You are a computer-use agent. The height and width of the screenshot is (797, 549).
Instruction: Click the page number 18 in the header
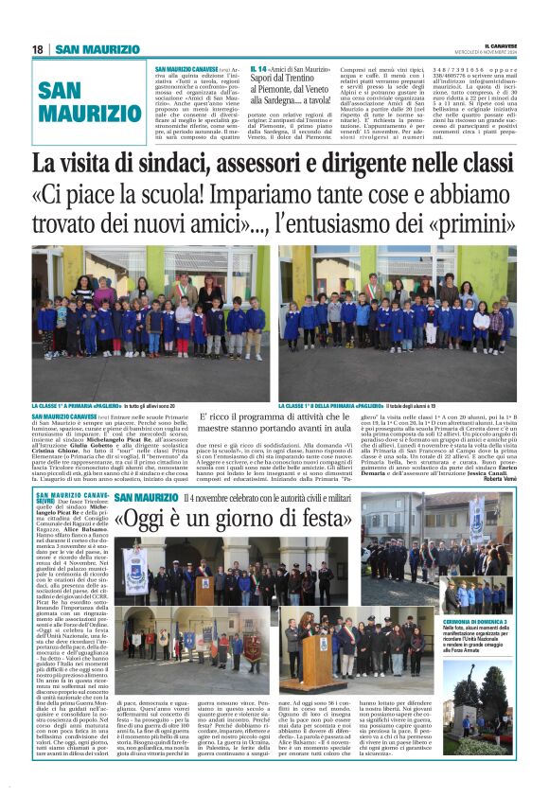[x=39, y=49]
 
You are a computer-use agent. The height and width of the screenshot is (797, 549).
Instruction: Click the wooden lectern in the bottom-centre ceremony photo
[x=313, y=655]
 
